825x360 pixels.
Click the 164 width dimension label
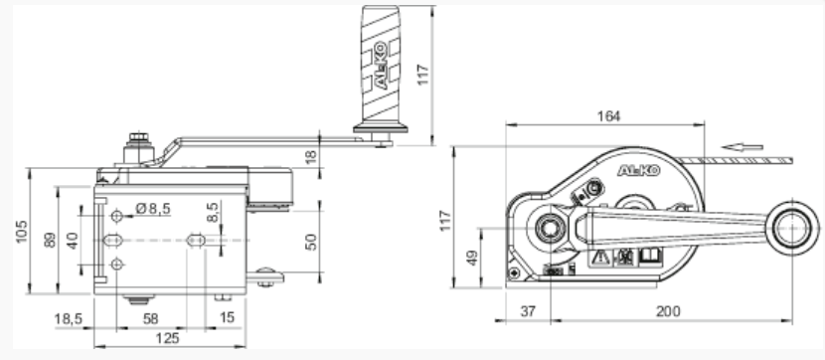coord(608,116)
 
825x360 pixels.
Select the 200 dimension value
coord(668,311)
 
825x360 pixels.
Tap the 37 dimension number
coord(528,311)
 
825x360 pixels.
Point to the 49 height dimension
coord(473,258)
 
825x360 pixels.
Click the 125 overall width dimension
coord(168,338)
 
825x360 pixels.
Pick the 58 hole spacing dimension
coord(151,318)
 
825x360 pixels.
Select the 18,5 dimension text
coord(69,318)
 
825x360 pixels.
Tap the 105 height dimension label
coord(22,232)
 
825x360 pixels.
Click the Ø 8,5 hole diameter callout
coord(153,209)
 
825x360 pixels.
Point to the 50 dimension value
coord(311,242)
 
